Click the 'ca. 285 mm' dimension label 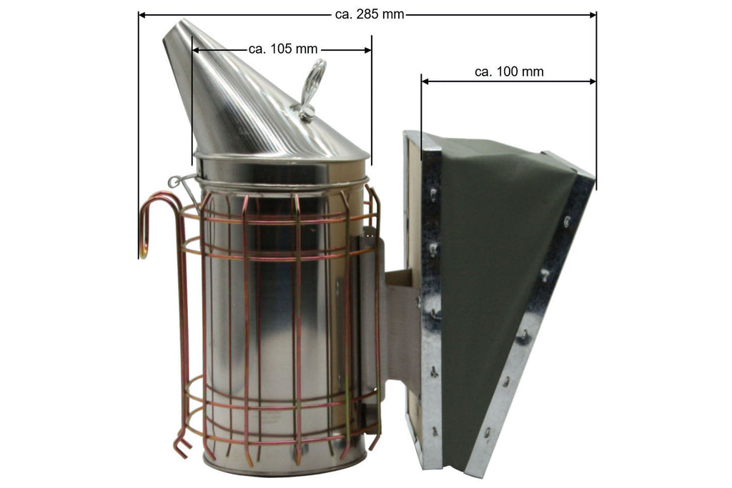[x=368, y=14]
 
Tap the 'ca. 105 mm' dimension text [x=282, y=49]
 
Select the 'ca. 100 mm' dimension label [x=508, y=71]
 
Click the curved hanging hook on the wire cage [x=150, y=214]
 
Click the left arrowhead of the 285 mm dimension [x=143, y=14]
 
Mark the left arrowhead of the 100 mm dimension [x=426, y=81]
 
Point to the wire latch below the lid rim [x=182, y=181]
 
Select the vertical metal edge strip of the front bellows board [x=431, y=300]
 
